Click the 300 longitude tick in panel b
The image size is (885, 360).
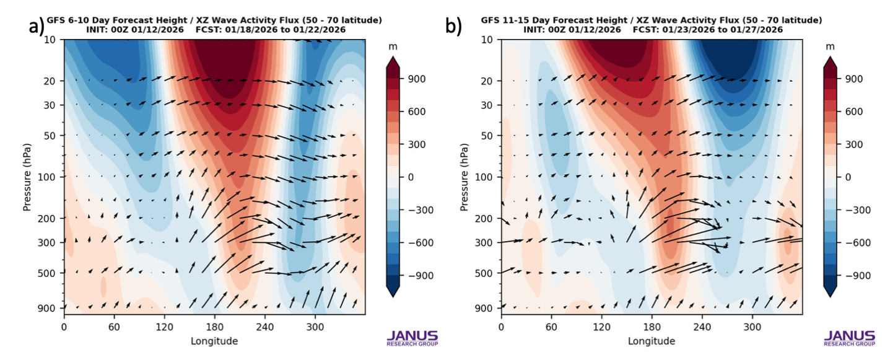752,326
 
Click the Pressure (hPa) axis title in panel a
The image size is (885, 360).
27,176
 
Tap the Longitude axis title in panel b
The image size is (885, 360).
650,341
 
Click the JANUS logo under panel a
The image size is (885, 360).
412,337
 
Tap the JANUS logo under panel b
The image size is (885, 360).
849,337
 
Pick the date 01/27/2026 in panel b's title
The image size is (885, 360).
757,29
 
